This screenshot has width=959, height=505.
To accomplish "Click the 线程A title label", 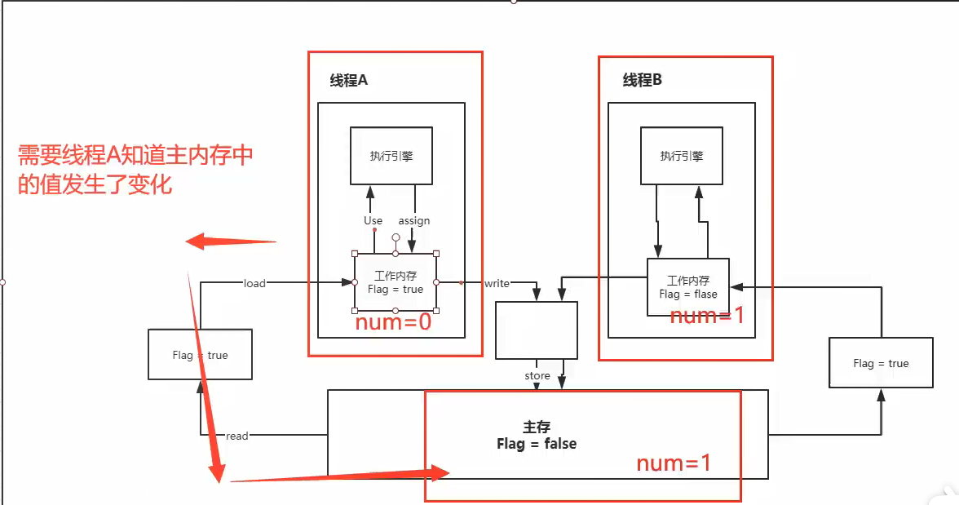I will [349, 80].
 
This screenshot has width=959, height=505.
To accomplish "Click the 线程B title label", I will [643, 80].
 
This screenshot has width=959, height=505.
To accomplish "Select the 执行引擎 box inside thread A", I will [391, 156].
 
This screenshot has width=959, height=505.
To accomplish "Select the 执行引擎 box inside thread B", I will [682, 156].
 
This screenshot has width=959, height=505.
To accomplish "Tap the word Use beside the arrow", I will [373, 220].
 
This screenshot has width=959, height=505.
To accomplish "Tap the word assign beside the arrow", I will [413, 220].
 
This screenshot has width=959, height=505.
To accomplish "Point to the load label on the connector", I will [254, 283].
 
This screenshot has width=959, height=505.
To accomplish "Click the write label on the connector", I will [497, 283].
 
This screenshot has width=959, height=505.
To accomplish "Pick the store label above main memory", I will [537, 376].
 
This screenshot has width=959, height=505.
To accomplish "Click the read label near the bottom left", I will [236, 436].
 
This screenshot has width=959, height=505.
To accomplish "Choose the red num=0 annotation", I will [392, 323].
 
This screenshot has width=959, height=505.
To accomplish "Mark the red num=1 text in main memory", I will [674, 463].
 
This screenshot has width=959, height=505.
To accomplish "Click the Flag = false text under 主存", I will [536, 444].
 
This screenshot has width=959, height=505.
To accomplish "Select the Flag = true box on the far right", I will [881, 363].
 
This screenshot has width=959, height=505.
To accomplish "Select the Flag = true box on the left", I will [200, 355].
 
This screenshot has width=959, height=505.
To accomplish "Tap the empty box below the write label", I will [536, 330].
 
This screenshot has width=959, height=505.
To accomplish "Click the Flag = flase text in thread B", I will [688, 294].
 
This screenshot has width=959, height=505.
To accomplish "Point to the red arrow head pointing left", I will [196, 241].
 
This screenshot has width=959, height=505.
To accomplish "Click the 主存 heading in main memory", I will [536, 427].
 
